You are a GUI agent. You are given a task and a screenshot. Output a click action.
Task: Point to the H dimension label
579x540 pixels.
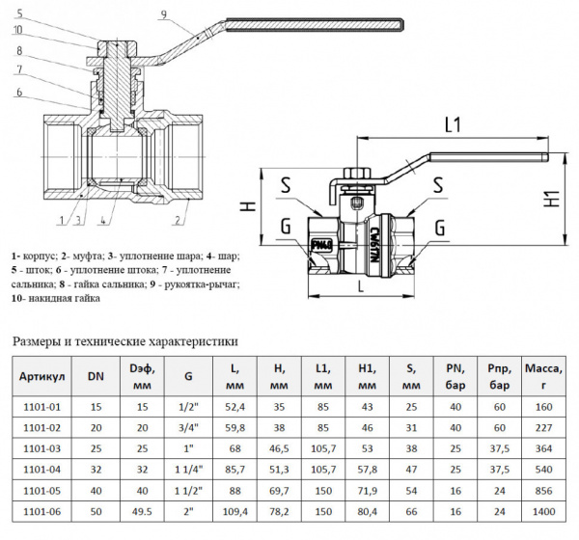click(x=247, y=205)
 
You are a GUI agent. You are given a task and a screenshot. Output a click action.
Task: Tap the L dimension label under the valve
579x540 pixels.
click(x=360, y=286)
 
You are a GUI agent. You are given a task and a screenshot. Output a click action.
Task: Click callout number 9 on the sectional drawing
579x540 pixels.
click(x=165, y=13)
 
